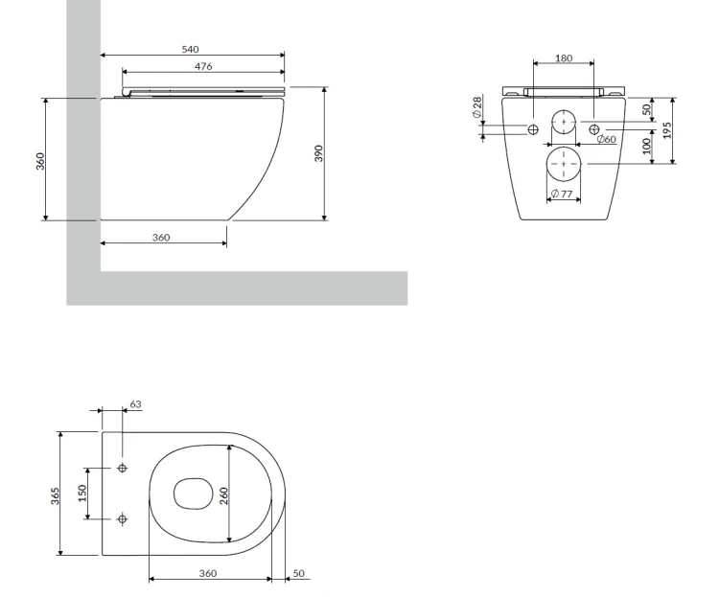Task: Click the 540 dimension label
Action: (x=191, y=49)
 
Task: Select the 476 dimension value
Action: (x=203, y=66)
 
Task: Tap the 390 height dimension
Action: (x=318, y=153)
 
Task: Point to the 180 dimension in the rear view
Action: (x=564, y=58)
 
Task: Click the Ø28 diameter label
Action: (x=477, y=106)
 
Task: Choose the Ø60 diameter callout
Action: (x=607, y=139)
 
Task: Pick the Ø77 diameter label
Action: (x=562, y=194)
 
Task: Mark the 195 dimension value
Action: (x=666, y=130)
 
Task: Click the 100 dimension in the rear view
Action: (x=646, y=146)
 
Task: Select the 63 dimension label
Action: (x=136, y=404)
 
